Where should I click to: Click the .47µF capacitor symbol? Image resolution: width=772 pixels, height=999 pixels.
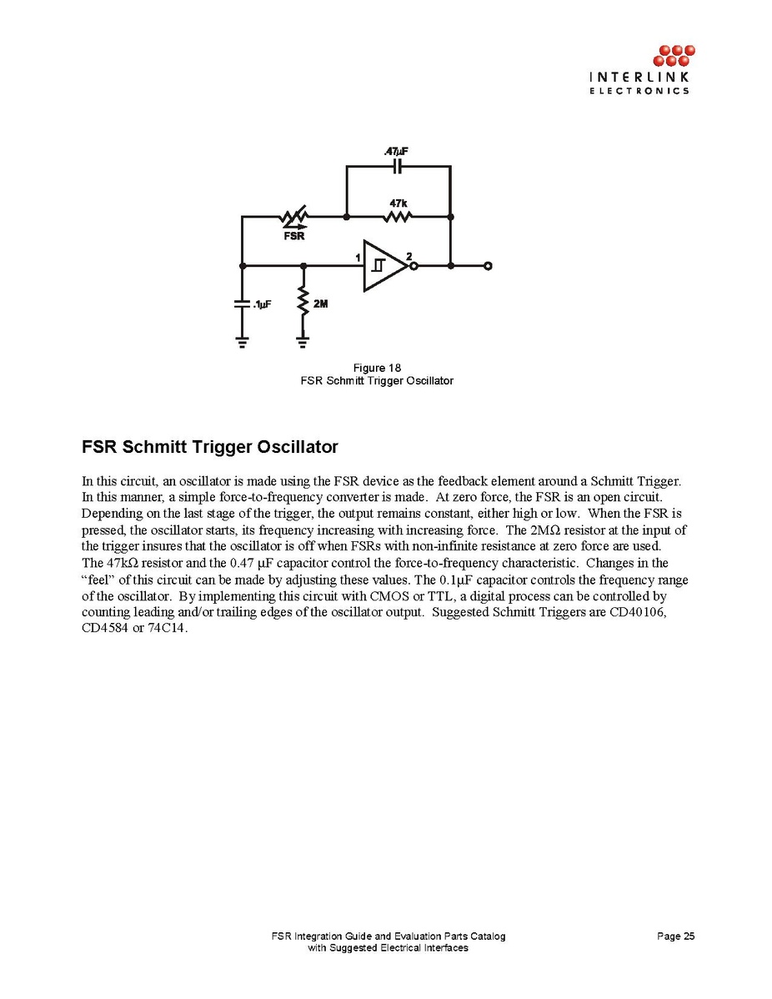(398, 166)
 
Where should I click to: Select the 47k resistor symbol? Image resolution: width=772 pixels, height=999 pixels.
(398, 218)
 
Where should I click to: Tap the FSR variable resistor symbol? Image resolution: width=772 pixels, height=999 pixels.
(293, 218)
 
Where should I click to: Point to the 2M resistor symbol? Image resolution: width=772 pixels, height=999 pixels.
(303, 302)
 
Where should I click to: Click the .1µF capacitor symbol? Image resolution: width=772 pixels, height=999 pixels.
(243, 304)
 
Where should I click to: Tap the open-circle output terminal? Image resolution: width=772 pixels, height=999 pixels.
(488, 266)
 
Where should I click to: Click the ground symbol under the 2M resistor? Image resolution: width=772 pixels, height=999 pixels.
(303, 341)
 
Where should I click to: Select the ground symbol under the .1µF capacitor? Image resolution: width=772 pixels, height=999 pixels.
(243, 341)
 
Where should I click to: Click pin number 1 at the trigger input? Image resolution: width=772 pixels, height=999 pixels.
(356, 257)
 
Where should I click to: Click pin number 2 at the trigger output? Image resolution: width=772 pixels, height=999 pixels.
(409, 255)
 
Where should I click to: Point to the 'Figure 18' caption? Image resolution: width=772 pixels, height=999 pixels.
(377, 368)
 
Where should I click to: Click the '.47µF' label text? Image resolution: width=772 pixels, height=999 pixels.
(396, 151)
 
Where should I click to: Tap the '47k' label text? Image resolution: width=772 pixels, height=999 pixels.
(398, 203)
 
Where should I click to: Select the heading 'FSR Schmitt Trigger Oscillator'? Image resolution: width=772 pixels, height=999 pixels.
(210, 447)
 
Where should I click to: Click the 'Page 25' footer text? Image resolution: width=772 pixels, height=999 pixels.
(675, 936)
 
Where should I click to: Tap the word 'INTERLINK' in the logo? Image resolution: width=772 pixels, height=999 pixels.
(639, 78)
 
